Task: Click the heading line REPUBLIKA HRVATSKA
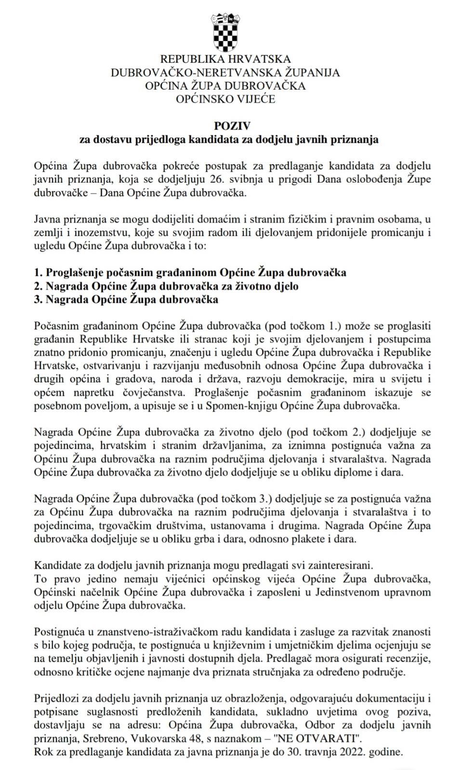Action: click(225, 59)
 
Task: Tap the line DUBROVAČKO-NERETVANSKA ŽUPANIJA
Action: click(225, 73)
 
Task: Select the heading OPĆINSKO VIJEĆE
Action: click(225, 100)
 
